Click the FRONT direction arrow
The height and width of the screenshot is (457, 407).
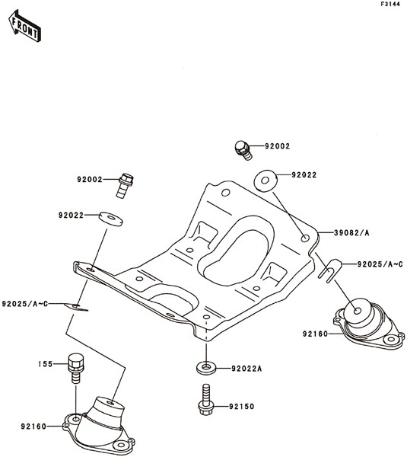[x=24, y=26]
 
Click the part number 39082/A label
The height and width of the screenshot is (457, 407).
[x=351, y=233]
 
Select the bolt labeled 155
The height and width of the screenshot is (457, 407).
[x=76, y=369]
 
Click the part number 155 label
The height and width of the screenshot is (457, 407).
[x=45, y=364]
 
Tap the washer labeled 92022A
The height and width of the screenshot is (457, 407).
[x=206, y=369]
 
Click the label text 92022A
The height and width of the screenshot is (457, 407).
[x=246, y=369]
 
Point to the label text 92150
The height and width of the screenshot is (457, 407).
[x=241, y=406]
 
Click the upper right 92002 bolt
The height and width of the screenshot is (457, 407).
[x=243, y=150]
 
